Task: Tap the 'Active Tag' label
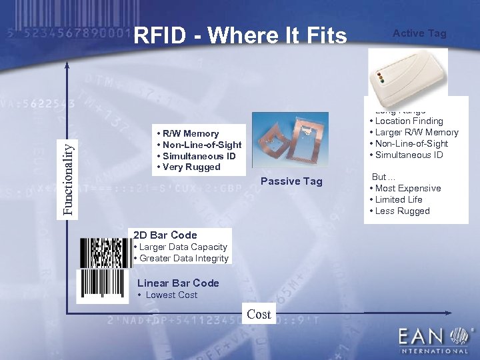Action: (419, 33)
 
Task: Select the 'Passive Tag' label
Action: (291, 181)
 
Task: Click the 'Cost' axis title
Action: (259, 314)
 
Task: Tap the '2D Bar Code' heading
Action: (165, 235)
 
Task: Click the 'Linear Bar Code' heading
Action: (178, 283)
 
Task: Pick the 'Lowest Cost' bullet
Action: (171, 295)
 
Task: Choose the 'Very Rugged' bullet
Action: (190, 167)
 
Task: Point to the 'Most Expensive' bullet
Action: (407, 188)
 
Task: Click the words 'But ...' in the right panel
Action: (383, 177)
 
